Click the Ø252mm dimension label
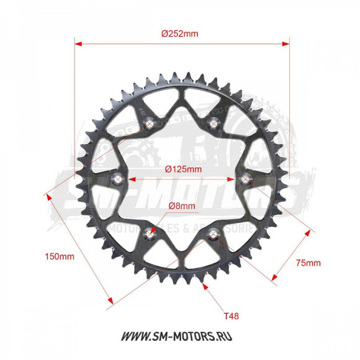pos(179,34)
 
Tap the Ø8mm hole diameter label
pos(181,206)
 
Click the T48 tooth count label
pos(231,316)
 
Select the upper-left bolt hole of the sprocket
pos(149,125)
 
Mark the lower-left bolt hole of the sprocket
pos(149,235)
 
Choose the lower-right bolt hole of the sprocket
pos(214,235)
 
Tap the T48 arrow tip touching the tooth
pos(204,287)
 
